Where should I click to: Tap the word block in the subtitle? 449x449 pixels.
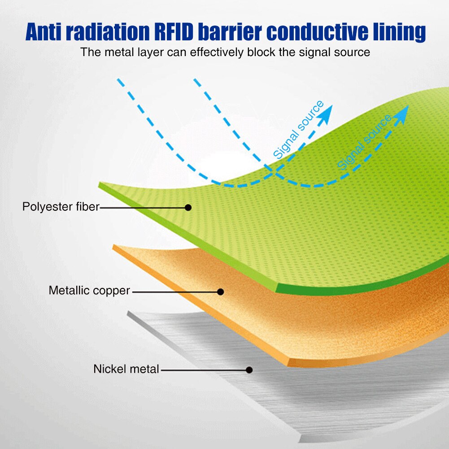[261, 52]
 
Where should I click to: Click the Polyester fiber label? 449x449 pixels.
[61, 207]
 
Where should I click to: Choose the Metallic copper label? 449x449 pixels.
[89, 291]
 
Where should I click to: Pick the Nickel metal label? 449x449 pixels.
[126, 370]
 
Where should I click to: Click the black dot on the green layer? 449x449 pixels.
[188, 208]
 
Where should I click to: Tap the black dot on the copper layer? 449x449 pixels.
[220, 292]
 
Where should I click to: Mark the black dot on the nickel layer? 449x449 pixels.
[249, 370]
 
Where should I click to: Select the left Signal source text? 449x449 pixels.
[298, 130]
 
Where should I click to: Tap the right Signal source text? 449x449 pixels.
[364, 143]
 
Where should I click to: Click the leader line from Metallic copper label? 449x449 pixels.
[175, 292]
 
